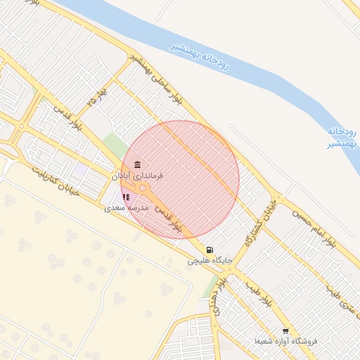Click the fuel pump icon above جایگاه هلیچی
tap(210, 250)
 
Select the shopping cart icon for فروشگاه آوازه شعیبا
tap(285, 331)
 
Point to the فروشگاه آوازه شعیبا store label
tap(287, 342)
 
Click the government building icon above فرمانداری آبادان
tap(136, 165)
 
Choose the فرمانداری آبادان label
tap(137, 175)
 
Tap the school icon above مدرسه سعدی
tap(126, 198)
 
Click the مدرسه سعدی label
tap(127, 209)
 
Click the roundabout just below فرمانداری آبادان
tap(143, 188)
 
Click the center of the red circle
tap(181, 179)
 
